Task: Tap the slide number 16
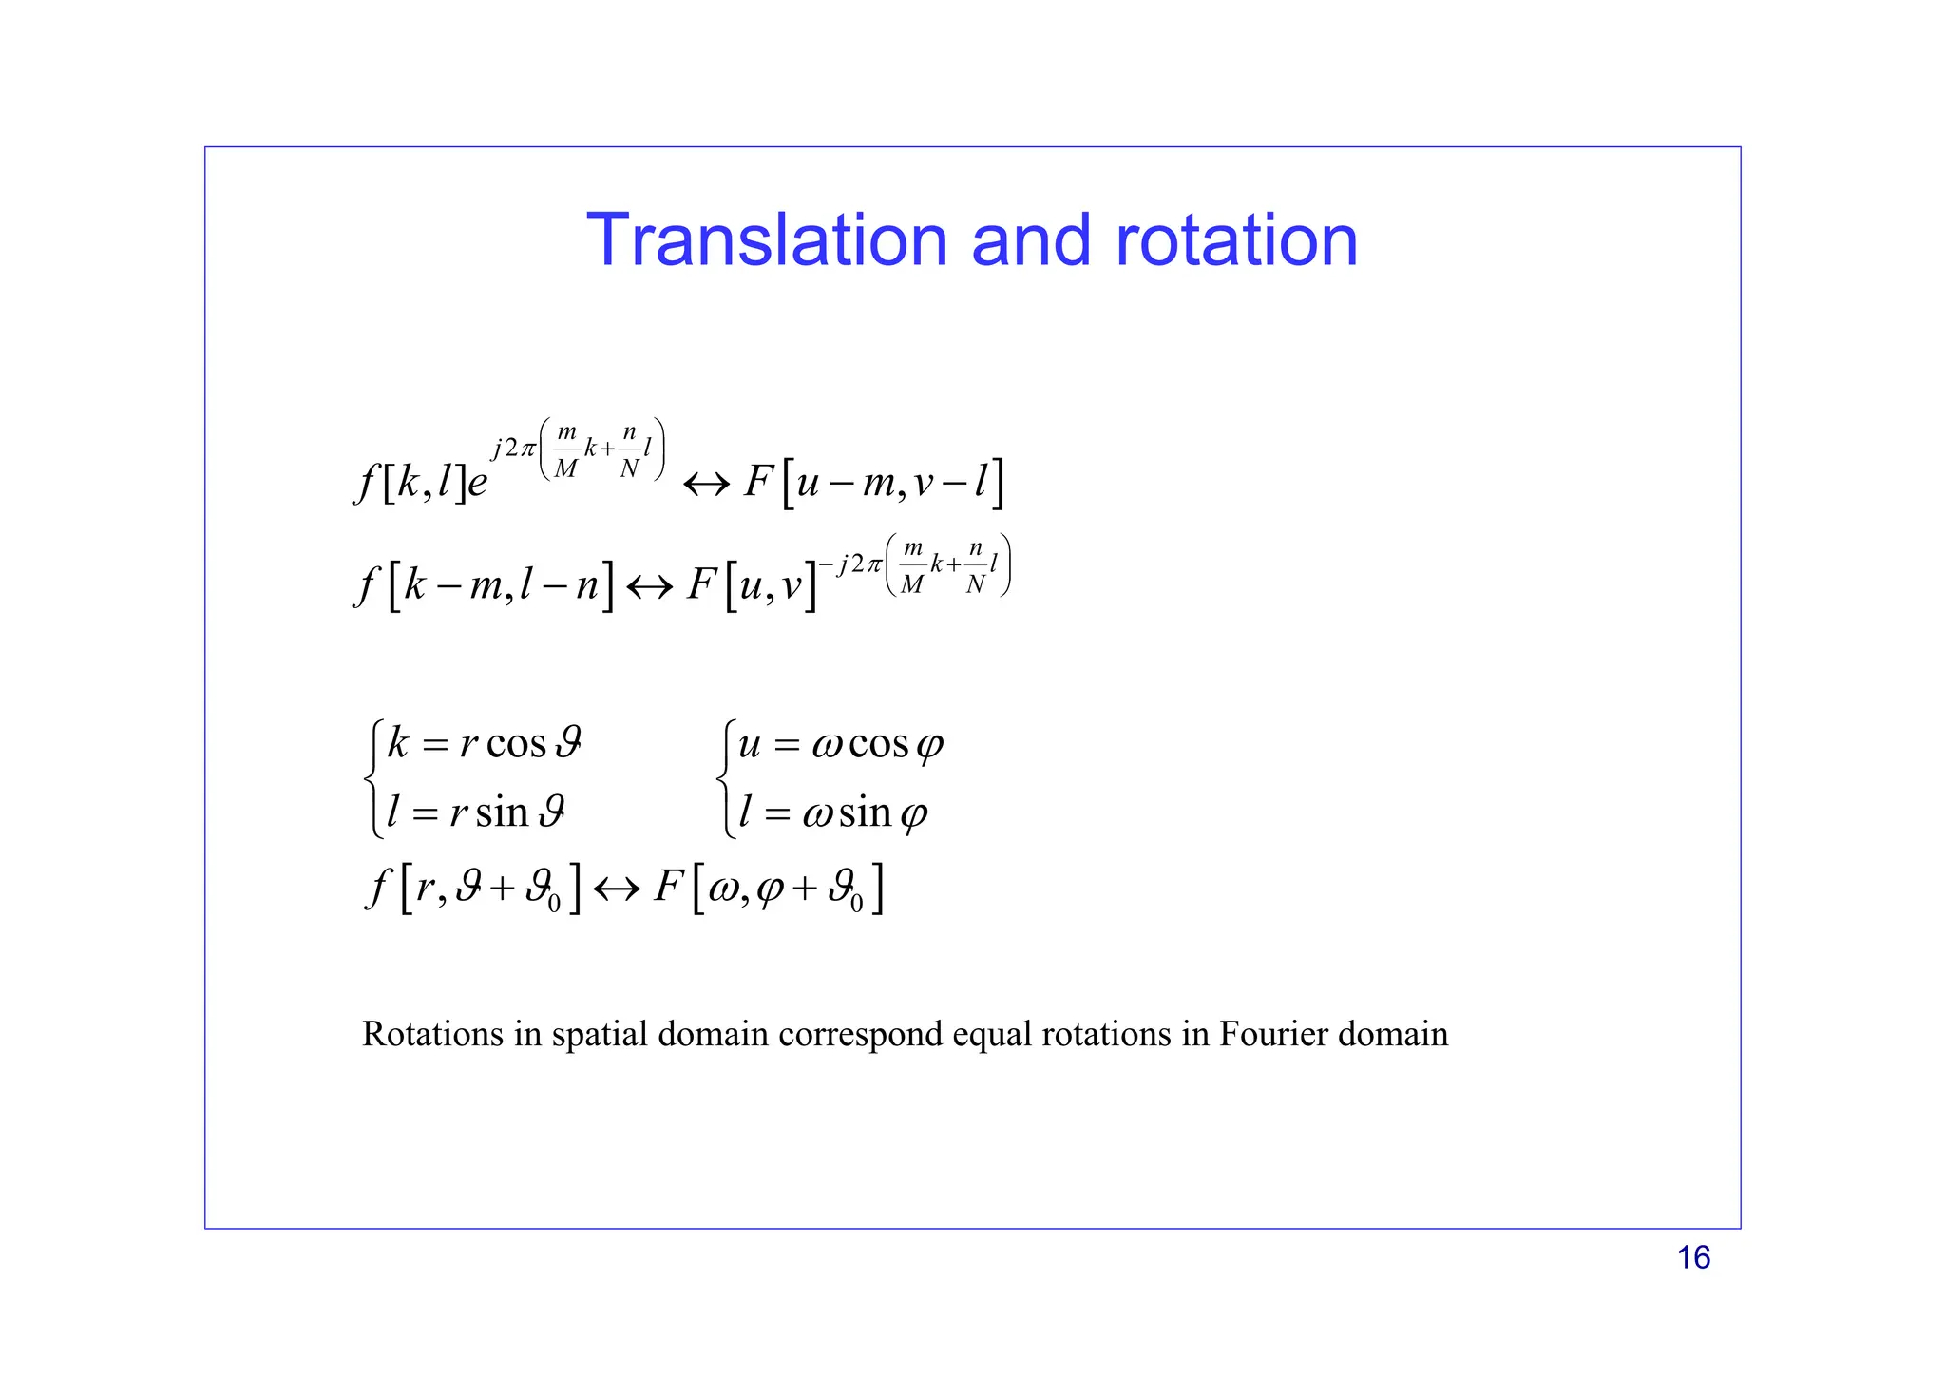(1693, 1257)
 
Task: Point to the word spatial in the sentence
(600, 1034)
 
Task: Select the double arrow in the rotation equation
(617, 890)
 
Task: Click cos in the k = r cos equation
(516, 743)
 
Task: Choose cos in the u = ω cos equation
(878, 743)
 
